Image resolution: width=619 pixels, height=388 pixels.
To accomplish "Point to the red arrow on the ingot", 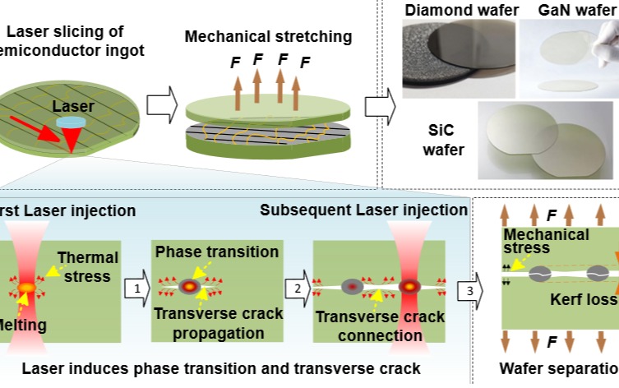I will pyautogui.click(x=44, y=131).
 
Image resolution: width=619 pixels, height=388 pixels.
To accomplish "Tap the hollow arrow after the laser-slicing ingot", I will pyautogui.click(x=158, y=104).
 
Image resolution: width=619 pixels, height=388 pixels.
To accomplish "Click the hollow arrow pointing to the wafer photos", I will pyautogui.click(x=379, y=106).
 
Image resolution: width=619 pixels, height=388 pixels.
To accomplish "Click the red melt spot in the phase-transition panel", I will pyautogui.click(x=190, y=288).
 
